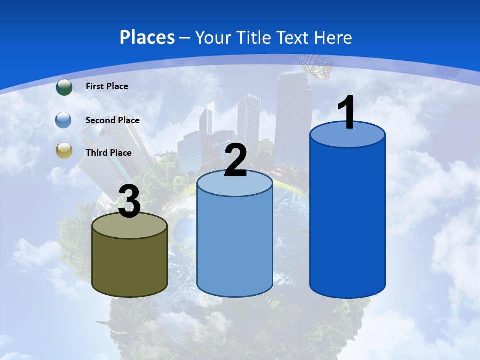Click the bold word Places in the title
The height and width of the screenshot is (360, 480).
pos(147,37)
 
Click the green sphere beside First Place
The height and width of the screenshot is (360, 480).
pos(64,87)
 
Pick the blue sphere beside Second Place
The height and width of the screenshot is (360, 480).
pos(64,120)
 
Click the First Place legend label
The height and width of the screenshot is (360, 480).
pos(107,86)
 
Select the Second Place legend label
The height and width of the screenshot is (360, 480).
pos(112,120)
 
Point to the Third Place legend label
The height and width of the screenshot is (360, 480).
pos(108,153)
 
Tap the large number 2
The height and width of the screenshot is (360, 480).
pos(236,161)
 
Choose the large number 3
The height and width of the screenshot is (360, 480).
pos(130,202)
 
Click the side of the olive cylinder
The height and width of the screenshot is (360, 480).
pos(130,265)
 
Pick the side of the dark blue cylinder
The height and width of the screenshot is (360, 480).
pos(347,220)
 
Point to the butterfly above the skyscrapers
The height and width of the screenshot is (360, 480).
pos(317,66)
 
